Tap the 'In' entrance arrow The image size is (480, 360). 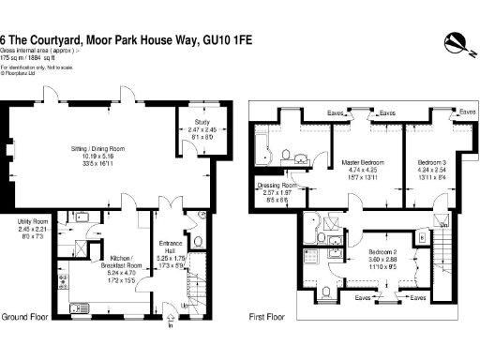coord(170,325)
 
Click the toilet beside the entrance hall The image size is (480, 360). coord(190,217)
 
